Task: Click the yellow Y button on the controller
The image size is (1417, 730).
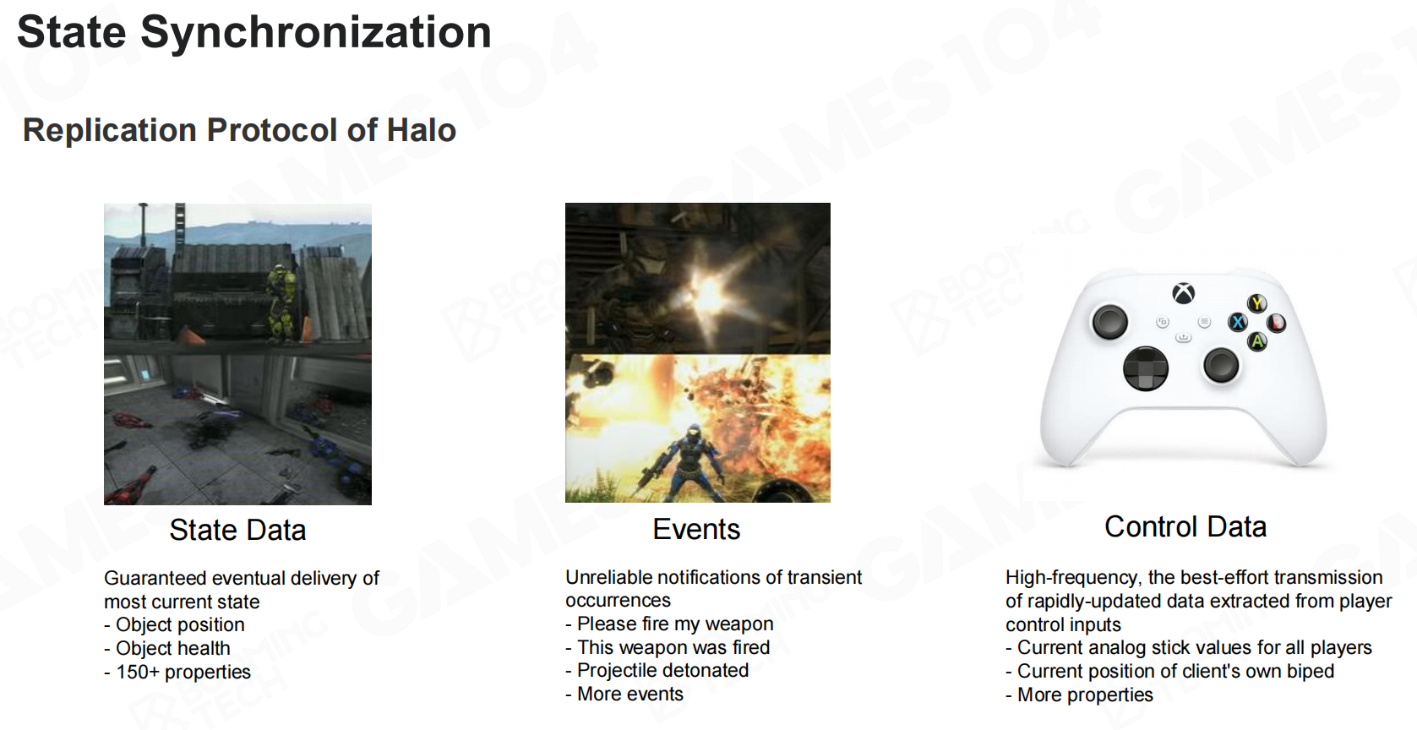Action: coord(1256,303)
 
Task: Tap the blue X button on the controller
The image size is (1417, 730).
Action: coord(1237,323)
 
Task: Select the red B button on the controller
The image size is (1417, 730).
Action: coord(1276,323)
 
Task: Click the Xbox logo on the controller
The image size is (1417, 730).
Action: coord(1184,293)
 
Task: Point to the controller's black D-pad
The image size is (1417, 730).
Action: coord(1146,368)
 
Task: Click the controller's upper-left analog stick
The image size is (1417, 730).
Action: coord(1109,321)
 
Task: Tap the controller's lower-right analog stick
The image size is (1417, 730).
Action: coord(1221,365)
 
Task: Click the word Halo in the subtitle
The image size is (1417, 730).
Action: coord(422,130)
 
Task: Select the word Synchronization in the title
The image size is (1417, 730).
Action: coord(316,33)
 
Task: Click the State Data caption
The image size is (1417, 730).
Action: coord(237,530)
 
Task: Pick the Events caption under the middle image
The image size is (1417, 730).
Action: coord(696,529)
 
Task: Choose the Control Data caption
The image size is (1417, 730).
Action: coord(1185,526)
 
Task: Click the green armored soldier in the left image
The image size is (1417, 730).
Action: coord(281,303)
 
